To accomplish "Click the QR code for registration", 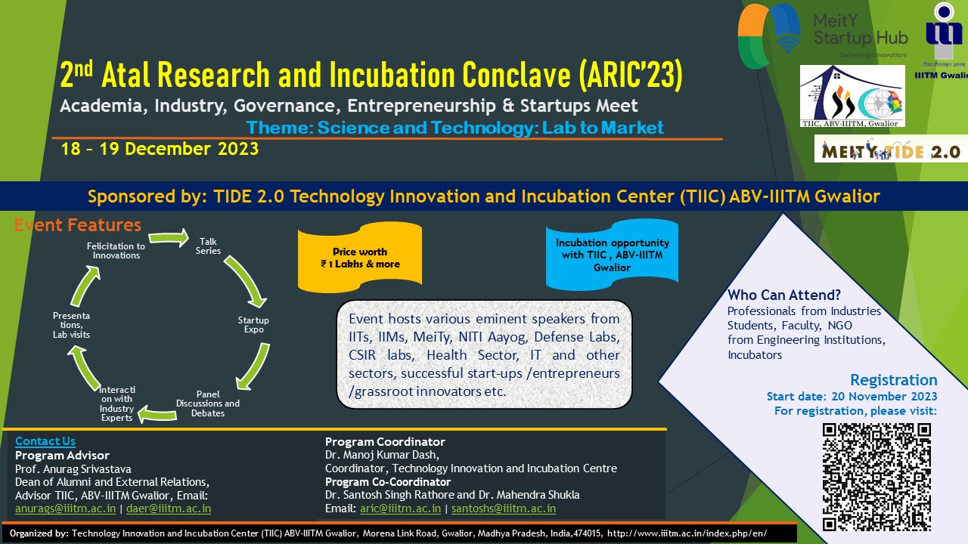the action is point(876,477).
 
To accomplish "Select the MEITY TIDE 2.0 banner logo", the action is point(891,149).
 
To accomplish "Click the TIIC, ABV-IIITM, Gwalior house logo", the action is point(852,96).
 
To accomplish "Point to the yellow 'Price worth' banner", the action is point(359,258).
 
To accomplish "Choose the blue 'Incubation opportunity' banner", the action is point(612,255).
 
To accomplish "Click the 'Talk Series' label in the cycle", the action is point(208,246).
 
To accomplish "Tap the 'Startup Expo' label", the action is point(253,325).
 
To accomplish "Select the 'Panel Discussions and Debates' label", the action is point(208,403).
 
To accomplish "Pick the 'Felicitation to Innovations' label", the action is point(116,250).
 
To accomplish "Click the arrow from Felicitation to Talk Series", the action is point(169,237).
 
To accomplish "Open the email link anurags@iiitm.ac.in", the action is point(65,508).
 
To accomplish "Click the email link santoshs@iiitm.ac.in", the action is point(504,508).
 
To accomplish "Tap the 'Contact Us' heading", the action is point(45,441).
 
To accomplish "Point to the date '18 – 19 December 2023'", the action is point(160,149).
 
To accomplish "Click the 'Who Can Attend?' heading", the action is point(784,295).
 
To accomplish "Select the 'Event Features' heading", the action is point(78,225).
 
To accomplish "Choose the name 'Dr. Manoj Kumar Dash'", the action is point(382,455).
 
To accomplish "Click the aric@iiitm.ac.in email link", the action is point(400,508).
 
